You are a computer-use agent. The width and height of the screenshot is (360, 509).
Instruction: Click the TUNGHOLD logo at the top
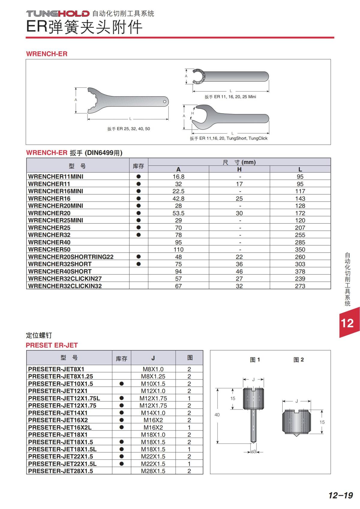(x=58, y=13)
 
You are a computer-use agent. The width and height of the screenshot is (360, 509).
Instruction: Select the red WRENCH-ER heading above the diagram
(x=47, y=54)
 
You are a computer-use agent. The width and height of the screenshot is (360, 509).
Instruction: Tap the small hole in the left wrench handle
(x=164, y=102)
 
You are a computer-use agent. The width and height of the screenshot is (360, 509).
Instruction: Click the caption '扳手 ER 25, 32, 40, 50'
(x=129, y=129)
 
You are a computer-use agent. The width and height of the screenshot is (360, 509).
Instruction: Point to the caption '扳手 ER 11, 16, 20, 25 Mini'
(x=230, y=97)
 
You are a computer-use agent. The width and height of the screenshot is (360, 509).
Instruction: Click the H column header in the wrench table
(x=239, y=169)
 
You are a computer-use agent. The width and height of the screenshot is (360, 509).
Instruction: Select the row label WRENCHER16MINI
(x=55, y=191)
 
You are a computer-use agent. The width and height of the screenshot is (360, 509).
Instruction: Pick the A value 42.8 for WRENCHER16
(x=178, y=199)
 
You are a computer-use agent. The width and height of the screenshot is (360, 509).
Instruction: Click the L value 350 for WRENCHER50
(x=300, y=250)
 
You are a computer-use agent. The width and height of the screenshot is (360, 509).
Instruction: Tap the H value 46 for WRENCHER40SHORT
(x=239, y=271)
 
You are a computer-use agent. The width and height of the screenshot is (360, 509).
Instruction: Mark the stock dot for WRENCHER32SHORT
(x=139, y=264)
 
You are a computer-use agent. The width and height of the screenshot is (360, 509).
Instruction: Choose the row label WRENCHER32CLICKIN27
(x=65, y=279)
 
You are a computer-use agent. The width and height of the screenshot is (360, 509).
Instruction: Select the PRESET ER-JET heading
(x=52, y=345)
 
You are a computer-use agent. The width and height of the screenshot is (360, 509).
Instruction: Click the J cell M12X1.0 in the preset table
(x=153, y=391)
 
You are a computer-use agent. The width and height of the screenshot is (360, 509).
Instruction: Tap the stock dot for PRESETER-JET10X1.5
(x=121, y=384)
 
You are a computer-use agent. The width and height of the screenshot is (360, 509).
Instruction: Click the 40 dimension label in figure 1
(x=217, y=415)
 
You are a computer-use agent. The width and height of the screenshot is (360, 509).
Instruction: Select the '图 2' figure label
(x=298, y=360)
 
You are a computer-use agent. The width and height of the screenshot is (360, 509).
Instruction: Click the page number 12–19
(x=340, y=495)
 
